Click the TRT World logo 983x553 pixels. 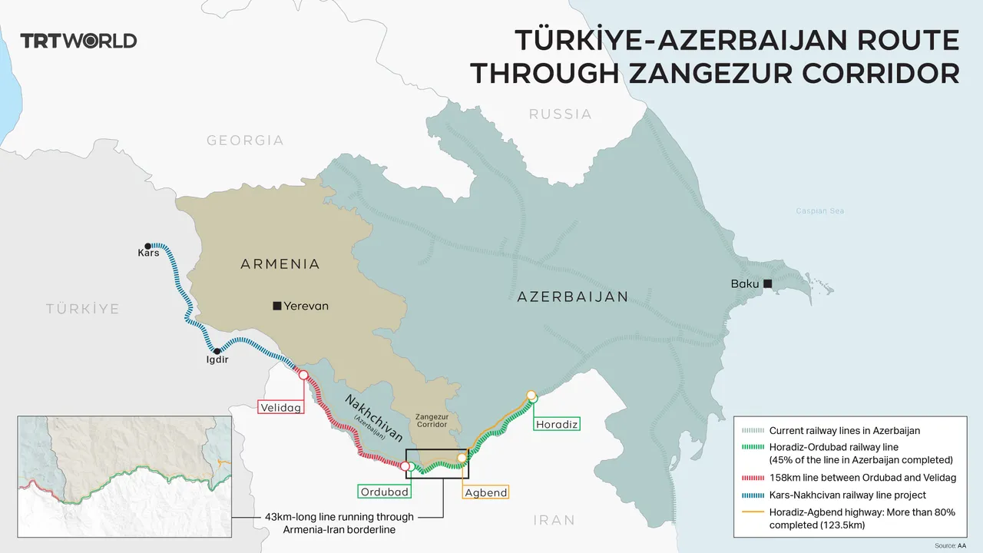pyautogui.click(x=78, y=41)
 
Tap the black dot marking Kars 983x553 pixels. pyautogui.click(x=149, y=245)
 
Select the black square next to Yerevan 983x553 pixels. pyautogui.click(x=276, y=306)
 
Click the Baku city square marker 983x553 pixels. pyautogui.click(x=766, y=284)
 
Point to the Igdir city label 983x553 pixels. pyautogui.click(x=216, y=359)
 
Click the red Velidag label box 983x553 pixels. pyautogui.click(x=280, y=407)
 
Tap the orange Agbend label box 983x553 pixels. pyautogui.click(x=486, y=492)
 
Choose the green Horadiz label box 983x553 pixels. pyautogui.click(x=556, y=424)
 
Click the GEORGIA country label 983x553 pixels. pyautogui.click(x=245, y=141)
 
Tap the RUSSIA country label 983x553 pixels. pyautogui.click(x=560, y=114)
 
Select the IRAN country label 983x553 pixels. pyautogui.click(x=554, y=520)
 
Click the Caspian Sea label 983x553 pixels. pyautogui.click(x=824, y=210)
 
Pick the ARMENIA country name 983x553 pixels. pyautogui.click(x=280, y=264)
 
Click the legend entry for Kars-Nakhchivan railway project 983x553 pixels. pyautogui.click(x=847, y=495)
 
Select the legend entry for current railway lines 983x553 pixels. pyautogui.click(x=844, y=431)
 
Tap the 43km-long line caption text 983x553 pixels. pyautogui.click(x=339, y=522)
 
